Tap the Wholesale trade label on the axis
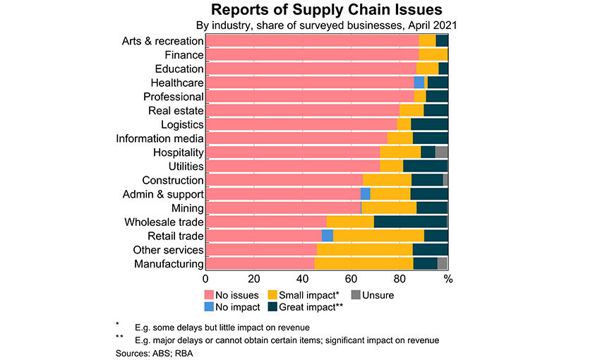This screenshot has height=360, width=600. tap(164, 222)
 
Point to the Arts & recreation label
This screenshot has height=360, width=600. tap(162, 41)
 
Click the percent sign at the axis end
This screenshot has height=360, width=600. tap(448, 278)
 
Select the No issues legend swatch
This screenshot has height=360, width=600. tap(209, 295)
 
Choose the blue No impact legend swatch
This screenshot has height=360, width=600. tap(209, 307)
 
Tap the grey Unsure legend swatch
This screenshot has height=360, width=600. tap(356, 295)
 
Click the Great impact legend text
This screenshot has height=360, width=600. tap(310, 307)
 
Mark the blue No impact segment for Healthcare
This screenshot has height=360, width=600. tap(419, 83)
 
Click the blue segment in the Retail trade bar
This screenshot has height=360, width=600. tap(327, 236)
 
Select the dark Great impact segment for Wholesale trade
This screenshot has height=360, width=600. tap(410, 222)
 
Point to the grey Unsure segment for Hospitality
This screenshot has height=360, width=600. tap(441, 152)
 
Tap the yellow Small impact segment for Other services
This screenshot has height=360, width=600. tap(364, 250)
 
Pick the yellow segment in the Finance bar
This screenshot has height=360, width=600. tap(433, 54)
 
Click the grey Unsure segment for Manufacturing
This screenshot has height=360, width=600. tap(443, 263)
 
